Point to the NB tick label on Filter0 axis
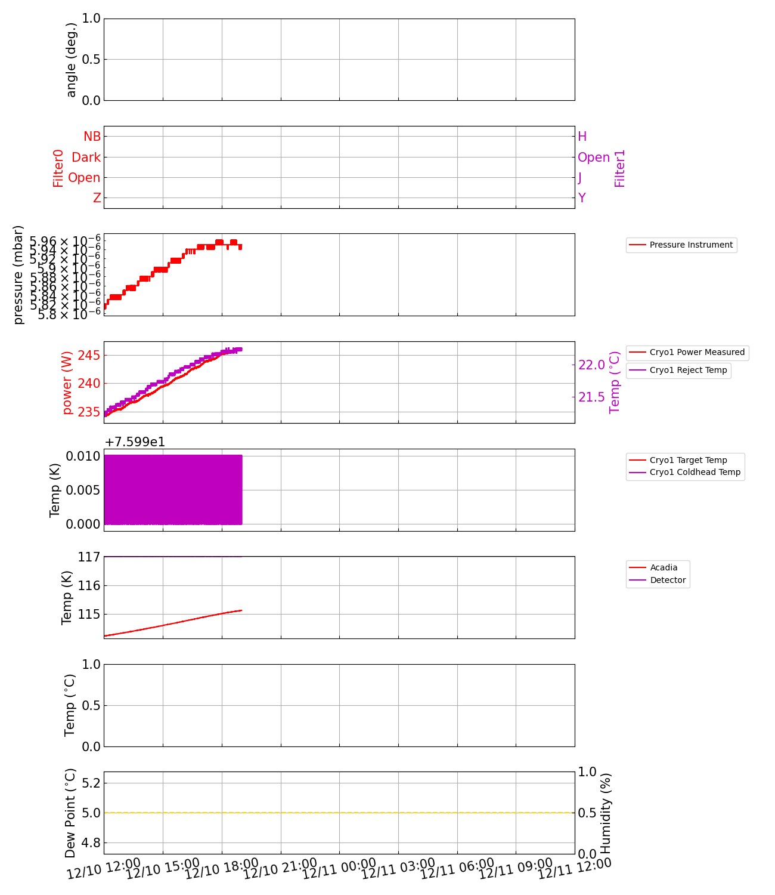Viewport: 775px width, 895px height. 92,137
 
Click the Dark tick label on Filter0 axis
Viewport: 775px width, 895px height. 86,158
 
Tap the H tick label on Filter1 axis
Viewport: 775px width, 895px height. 582,137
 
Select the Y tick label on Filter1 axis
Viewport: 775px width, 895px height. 582,198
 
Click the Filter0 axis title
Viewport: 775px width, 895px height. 58,168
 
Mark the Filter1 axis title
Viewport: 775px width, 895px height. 620,168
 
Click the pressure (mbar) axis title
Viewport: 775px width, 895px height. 18,274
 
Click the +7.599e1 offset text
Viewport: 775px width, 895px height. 135,442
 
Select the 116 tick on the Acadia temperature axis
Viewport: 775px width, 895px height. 89,586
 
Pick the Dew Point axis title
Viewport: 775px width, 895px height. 70,813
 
